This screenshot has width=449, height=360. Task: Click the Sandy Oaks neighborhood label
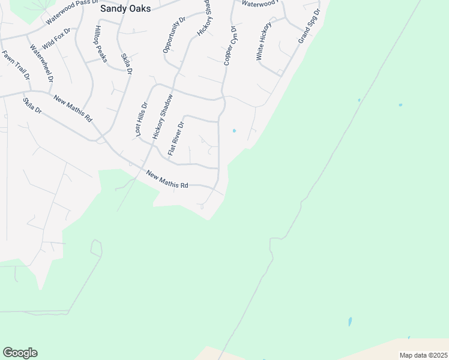125,8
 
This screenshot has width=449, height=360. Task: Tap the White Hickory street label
264,41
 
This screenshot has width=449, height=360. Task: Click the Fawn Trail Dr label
16,65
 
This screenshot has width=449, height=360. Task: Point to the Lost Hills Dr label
142,119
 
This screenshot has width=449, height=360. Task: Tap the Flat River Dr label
176,138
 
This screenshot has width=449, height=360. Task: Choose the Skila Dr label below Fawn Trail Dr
32,106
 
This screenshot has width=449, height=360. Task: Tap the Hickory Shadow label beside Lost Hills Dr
163,117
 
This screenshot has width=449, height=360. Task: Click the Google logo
20,353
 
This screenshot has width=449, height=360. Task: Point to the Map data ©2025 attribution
423,355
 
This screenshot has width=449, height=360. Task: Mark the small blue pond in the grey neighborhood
234,130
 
